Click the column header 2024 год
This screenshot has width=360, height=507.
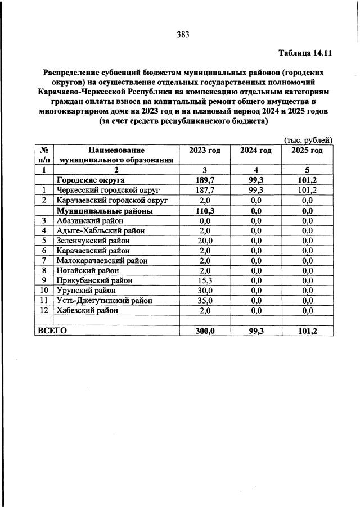(256, 150)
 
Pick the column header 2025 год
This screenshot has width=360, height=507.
(307, 150)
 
